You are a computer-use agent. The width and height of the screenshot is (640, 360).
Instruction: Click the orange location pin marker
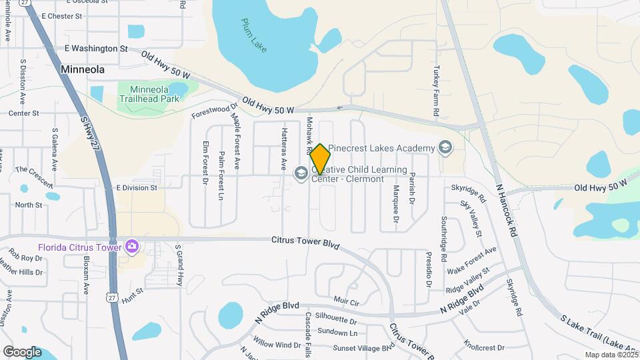320,159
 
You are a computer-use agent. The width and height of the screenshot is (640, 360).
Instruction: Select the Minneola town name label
86,69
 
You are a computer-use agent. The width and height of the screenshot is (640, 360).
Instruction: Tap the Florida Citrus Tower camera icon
132,247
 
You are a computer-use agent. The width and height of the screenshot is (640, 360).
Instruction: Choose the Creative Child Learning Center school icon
301,173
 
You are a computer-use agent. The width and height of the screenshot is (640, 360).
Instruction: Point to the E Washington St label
96,49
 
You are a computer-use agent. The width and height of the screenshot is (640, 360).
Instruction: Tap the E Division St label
136,188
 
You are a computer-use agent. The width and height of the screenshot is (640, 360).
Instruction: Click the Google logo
22,351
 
